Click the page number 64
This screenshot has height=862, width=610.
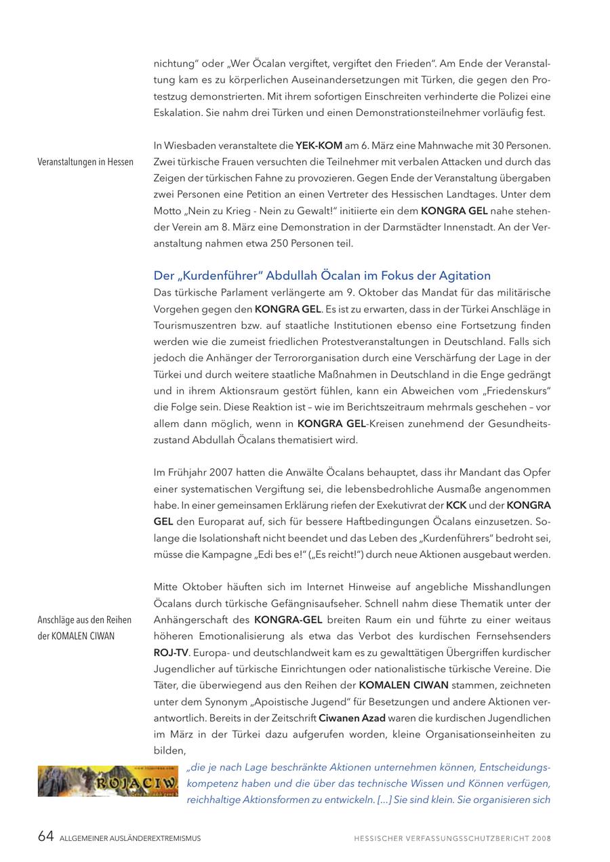click(x=45, y=837)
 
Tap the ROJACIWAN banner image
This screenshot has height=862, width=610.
click(x=108, y=781)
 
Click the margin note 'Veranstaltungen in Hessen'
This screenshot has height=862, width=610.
click(x=85, y=162)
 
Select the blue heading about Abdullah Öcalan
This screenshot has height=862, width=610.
click(x=322, y=276)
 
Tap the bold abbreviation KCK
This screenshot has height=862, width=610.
click(x=456, y=506)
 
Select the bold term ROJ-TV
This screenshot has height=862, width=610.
click(x=171, y=653)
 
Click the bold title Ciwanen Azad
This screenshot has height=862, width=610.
click(x=352, y=718)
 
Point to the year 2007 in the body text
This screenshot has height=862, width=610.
click(x=222, y=472)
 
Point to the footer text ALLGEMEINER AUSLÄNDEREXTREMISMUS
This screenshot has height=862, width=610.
click(x=131, y=838)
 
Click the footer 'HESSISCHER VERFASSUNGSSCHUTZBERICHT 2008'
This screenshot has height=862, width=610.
click(x=452, y=838)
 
